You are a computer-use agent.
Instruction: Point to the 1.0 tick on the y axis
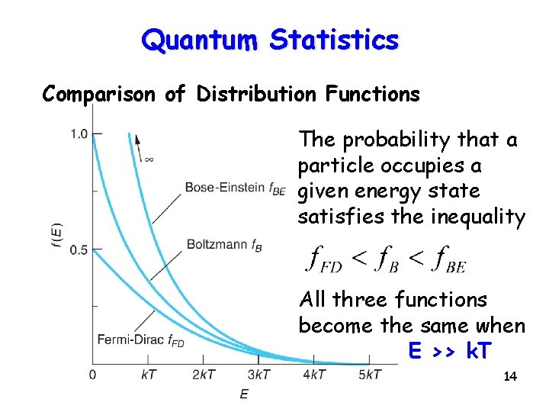click(x=79, y=134)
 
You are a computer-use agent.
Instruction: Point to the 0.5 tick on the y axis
click(x=79, y=249)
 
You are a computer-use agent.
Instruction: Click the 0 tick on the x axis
click(x=92, y=375)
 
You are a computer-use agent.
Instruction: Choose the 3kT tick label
click(x=258, y=375)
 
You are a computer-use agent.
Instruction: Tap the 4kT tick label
click(x=314, y=375)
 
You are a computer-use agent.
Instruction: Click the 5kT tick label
click(x=370, y=375)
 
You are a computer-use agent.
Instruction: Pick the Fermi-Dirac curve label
click(x=140, y=340)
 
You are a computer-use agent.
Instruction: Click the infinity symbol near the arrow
click(x=149, y=159)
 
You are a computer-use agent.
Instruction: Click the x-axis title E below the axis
click(x=244, y=394)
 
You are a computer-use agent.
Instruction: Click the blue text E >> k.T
click(x=451, y=352)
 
